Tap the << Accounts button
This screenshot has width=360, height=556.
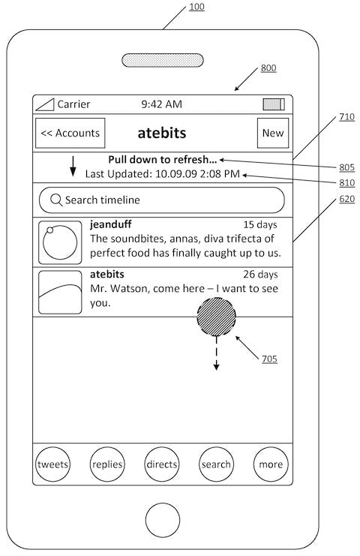tap(70, 133)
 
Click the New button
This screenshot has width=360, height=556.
tap(273, 133)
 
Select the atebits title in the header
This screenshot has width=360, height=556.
tap(162, 133)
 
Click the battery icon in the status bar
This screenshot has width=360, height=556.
tap(274, 104)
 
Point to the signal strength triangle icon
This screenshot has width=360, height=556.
tap(45, 104)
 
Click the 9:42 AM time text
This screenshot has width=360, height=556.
tap(161, 104)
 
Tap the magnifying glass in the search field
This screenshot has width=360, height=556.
tap(56, 200)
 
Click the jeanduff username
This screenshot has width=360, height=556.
tap(110, 224)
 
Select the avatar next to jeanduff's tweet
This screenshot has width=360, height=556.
tap(60, 242)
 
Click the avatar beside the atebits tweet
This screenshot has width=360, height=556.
tap(60, 292)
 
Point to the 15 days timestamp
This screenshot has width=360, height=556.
tap(260, 225)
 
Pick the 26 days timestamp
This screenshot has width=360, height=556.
tap(260, 275)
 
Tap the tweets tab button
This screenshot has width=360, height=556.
tap(52, 464)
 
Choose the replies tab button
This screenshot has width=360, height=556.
tap(107, 464)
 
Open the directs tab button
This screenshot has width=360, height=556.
tap(162, 464)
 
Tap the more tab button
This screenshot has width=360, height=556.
tap(271, 464)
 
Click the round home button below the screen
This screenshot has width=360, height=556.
tap(163, 520)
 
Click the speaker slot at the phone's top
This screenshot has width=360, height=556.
tap(163, 60)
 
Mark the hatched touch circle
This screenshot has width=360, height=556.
tap(217, 317)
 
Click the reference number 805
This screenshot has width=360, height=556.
tap(347, 167)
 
